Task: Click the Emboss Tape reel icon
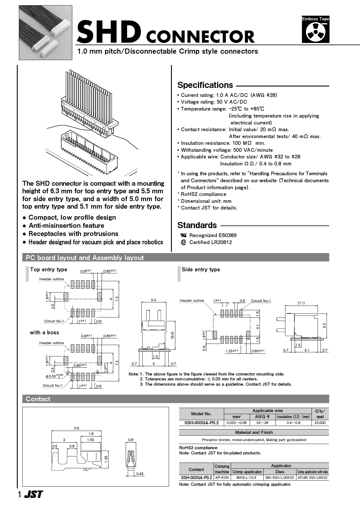[x=315, y=32]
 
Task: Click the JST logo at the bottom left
[x=33, y=494]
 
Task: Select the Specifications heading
[x=205, y=85]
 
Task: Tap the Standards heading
[x=197, y=225]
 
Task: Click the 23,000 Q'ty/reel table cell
[x=320, y=423]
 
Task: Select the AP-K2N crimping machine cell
[x=222, y=477]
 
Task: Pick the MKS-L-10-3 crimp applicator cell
[x=246, y=477]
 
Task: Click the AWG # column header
[x=262, y=417]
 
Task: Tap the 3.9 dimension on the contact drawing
[x=76, y=428]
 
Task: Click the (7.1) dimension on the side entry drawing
[x=301, y=303]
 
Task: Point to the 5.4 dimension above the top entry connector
[x=153, y=300]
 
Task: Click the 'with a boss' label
[x=44, y=333]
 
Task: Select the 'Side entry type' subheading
[x=201, y=270]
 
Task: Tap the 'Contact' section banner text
[x=38, y=399]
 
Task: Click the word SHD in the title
[x=109, y=32]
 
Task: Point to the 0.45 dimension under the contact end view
[x=140, y=474]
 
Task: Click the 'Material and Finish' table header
[x=254, y=432]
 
